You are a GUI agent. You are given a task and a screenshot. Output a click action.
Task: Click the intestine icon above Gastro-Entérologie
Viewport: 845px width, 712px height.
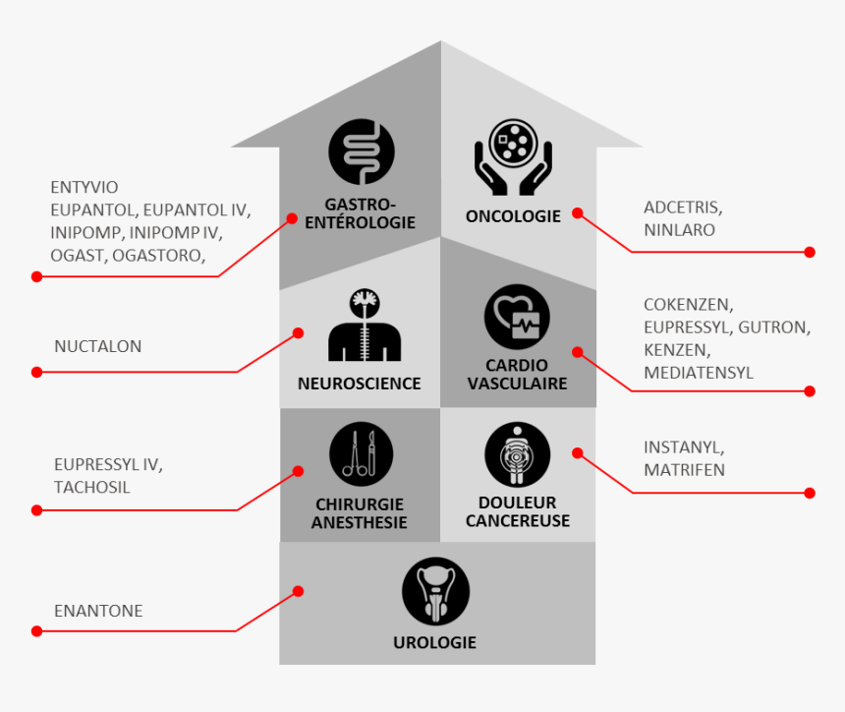tap(362, 151)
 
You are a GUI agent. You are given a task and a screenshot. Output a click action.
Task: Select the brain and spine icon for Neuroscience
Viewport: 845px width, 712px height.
tap(364, 326)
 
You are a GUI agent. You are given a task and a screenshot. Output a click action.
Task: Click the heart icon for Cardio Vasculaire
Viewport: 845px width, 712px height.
tap(517, 317)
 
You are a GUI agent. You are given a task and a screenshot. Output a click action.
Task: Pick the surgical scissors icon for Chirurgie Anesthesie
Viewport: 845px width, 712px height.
tap(361, 454)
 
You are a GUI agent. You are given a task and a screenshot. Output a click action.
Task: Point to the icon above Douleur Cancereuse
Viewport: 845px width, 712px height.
tap(517, 454)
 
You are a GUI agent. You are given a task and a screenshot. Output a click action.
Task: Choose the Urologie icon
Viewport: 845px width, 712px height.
tap(435, 590)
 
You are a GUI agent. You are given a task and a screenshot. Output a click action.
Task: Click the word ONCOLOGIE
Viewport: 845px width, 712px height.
tap(513, 216)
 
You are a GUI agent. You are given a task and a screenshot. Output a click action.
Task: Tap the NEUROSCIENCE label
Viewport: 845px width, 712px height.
tap(359, 384)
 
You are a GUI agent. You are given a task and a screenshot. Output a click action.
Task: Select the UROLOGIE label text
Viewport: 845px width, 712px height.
tap(434, 642)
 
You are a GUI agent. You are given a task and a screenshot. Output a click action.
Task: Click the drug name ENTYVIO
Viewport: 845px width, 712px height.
tap(84, 187)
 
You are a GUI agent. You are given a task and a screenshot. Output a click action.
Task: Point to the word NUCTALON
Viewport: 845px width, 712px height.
tap(98, 346)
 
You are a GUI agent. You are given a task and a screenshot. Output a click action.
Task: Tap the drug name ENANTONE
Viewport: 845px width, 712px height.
tap(98, 611)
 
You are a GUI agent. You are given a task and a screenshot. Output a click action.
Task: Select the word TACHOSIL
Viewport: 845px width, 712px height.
tap(92, 487)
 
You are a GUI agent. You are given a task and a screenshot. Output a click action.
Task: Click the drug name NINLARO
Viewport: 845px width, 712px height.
tap(679, 229)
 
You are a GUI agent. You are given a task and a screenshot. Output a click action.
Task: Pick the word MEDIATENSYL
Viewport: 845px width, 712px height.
tap(699, 373)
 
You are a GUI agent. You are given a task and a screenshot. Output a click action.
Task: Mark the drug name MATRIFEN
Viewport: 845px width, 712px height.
tap(684, 470)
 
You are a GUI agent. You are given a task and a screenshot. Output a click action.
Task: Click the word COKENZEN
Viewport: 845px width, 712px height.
tap(688, 305)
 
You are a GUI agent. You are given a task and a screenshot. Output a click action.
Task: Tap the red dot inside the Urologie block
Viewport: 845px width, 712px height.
tap(299, 591)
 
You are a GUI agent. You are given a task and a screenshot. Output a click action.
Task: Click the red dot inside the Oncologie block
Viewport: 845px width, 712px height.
tap(578, 212)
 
